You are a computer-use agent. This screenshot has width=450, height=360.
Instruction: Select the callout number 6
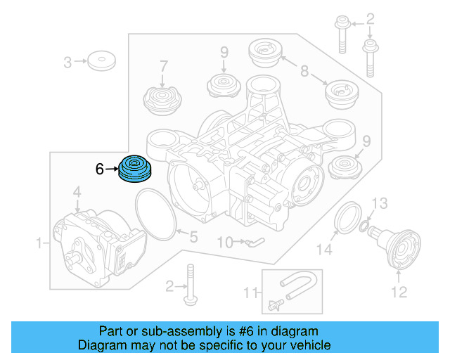[100, 169]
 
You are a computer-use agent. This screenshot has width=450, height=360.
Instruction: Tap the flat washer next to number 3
[103, 60]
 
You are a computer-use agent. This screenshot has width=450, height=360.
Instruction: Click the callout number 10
[224, 243]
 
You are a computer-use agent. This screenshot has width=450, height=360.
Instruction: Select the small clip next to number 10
[252, 243]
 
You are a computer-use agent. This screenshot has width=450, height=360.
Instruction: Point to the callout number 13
[379, 204]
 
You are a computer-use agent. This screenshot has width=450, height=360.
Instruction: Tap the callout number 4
[77, 191]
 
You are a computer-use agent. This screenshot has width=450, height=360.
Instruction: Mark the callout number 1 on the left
[39, 243]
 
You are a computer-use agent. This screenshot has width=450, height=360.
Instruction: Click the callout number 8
[304, 70]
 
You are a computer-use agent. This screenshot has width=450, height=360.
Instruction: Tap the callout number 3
[67, 62]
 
